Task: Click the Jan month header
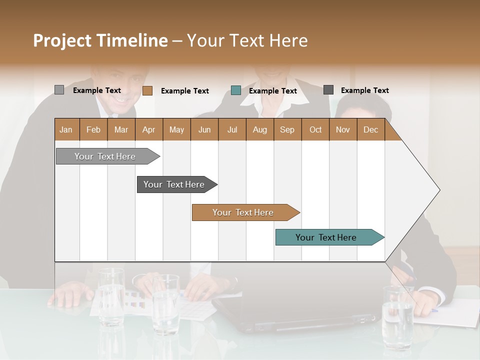[66, 130]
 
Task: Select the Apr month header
[149, 130]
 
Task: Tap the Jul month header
[232, 130]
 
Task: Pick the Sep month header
[287, 130]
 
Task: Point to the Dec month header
[371, 130]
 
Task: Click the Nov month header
[343, 130]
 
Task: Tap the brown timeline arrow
[243, 212]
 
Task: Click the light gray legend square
[59, 90]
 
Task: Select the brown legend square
[147, 90]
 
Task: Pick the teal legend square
[236, 90]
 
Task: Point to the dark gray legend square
[328, 90]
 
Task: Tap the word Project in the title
[61, 40]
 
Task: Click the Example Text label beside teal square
[273, 91]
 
